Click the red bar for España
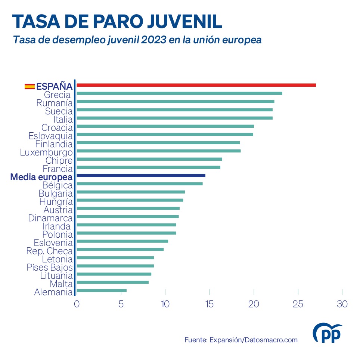point(196,85)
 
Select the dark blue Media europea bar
point(141,176)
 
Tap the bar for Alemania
point(101,290)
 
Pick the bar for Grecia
point(179,93)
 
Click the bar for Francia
point(148,167)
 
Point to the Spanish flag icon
point(30,86)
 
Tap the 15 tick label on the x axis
point(210,304)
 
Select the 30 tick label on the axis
point(342,304)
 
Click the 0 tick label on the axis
point(77,304)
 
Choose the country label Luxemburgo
point(46,152)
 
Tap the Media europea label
point(41,177)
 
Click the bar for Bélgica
point(140,184)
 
